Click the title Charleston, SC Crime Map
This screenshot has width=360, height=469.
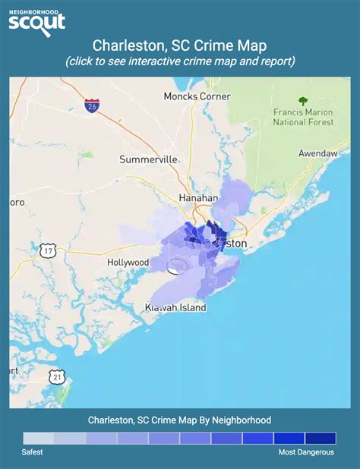(180, 46)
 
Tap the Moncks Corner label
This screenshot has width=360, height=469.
(193, 96)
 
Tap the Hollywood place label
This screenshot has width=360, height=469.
(128, 262)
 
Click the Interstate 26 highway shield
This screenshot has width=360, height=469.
(92, 105)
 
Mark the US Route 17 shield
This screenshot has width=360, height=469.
(49, 250)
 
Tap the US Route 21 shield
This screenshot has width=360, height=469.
(58, 376)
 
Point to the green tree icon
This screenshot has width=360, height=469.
(303, 101)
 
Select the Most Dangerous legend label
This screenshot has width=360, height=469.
(306, 452)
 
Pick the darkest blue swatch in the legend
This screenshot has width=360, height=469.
(320, 438)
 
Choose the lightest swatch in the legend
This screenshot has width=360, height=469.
(39, 438)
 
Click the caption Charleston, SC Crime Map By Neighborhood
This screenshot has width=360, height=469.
(180, 420)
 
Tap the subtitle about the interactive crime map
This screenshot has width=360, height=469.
(180, 61)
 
